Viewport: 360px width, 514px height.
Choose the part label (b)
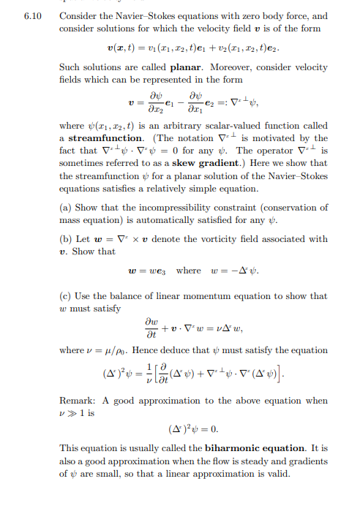point(66,239)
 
